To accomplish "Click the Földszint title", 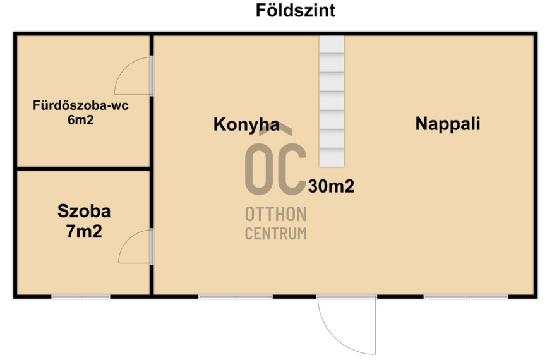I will (x=296, y=11).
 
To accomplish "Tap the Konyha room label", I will (x=246, y=124).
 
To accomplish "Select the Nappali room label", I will (x=447, y=124).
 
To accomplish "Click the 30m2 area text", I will (x=332, y=186).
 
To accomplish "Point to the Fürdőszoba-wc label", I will (x=81, y=106).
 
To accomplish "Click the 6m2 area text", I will (x=81, y=119).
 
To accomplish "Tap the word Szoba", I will (x=84, y=211).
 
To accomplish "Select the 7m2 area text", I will (x=84, y=231).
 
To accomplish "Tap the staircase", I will (x=332, y=101).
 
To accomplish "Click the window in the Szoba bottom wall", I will (x=81, y=296).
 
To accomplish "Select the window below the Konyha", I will (x=236, y=296).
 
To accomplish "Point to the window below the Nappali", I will (x=465, y=296).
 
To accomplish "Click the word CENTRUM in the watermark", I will (x=275, y=233).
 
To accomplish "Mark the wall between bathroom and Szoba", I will (x=83, y=169).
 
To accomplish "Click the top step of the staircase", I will (x=332, y=44).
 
